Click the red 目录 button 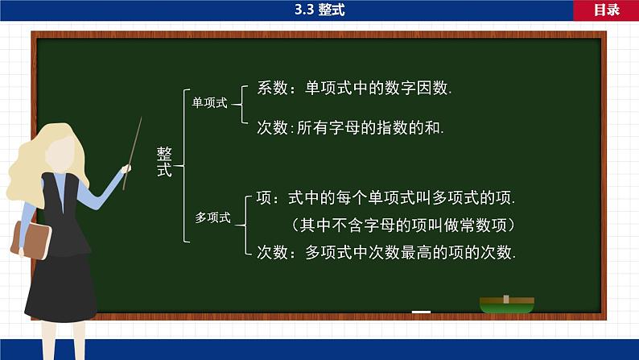(x=606, y=10)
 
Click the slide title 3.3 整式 (x=319, y=10)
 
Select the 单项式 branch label (x=210, y=103)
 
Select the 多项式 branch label (x=213, y=217)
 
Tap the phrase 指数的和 (x=412, y=126)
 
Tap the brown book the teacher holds (x=31, y=242)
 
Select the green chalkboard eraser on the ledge (x=506, y=304)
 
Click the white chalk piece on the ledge (x=421, y=311)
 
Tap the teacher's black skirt (x=60, y=290)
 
